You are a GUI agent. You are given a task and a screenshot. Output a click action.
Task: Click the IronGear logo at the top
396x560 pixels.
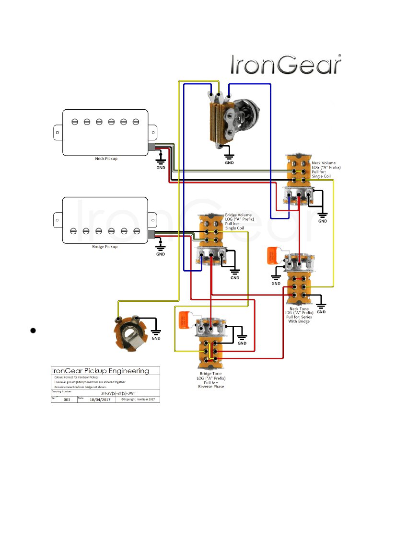[x=286, y=65]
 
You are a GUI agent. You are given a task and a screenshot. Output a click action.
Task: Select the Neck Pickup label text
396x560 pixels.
[x=106, y=159]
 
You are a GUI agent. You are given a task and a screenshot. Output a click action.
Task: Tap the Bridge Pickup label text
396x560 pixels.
[x=105, y=246]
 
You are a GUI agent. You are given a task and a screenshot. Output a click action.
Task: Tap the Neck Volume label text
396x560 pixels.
[x=324, y=163]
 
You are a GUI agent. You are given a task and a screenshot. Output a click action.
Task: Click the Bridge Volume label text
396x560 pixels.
[x=238, y=215]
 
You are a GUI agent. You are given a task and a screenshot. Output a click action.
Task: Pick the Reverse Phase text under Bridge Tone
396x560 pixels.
[x=211, y=386]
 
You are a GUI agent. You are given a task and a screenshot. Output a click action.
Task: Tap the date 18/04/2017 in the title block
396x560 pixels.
[x=100, y=399]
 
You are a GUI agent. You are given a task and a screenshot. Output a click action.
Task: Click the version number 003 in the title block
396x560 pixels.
[x=67, y=399]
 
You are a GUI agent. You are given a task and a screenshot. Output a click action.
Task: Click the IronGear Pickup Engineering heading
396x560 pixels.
[x=100, y=371]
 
